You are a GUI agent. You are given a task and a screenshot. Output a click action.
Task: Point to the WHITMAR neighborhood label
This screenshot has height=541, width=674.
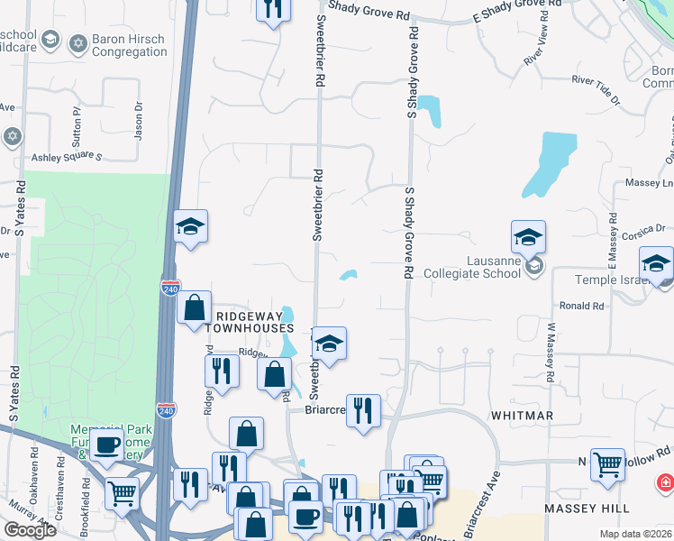pos(522,415)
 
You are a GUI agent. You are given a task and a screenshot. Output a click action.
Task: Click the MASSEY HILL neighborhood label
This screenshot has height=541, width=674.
pos(587,509)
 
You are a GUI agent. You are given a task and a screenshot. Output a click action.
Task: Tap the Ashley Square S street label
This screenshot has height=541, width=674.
pos(68,157)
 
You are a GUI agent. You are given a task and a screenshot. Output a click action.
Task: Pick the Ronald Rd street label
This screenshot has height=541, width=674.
pos(581,306)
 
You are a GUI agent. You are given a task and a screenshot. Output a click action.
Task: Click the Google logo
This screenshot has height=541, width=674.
pos(30,530)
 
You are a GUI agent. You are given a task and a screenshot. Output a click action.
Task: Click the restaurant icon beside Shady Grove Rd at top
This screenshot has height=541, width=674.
pos(272,8)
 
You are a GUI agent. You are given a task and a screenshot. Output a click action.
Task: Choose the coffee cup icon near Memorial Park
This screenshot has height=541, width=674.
pos(107,444)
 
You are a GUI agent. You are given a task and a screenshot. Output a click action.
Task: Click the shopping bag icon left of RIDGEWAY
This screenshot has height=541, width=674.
pos(194,307)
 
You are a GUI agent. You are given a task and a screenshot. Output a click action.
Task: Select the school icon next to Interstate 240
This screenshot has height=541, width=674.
pos(191,226)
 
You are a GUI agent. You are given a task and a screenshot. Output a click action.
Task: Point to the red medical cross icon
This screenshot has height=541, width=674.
pos(665,483)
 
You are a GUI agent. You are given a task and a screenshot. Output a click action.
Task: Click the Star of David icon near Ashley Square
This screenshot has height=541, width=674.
pos(12,136)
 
